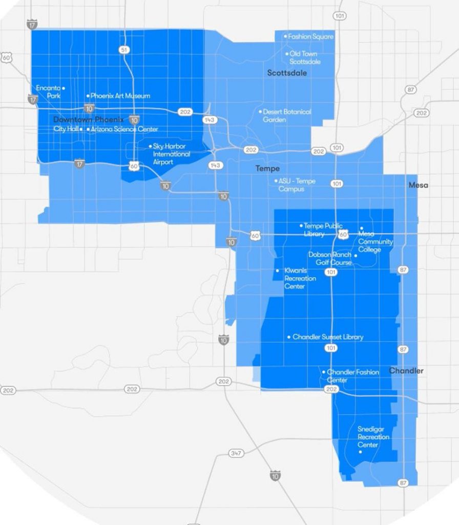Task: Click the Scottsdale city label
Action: [287, 73]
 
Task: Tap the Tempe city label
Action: [267, 169]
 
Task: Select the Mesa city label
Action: [418, 185]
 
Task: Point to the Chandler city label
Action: [406, 370]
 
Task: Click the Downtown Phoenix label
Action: [89, 119]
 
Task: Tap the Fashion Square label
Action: [310, 36]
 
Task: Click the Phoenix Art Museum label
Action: [120, 96]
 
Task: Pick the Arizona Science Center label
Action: [124, 129]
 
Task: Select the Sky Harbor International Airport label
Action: [171, 154]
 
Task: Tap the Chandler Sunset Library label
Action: [328, 337]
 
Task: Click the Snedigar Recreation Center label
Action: [373, 437]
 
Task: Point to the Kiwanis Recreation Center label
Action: [300, 278]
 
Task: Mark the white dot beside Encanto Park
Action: [64, 88]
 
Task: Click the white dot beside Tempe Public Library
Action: [301, 226]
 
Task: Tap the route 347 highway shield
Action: [236, 454]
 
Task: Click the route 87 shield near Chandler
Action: [404, 349]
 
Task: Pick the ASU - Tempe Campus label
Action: [297, 185]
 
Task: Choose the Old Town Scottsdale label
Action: [304, 57]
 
